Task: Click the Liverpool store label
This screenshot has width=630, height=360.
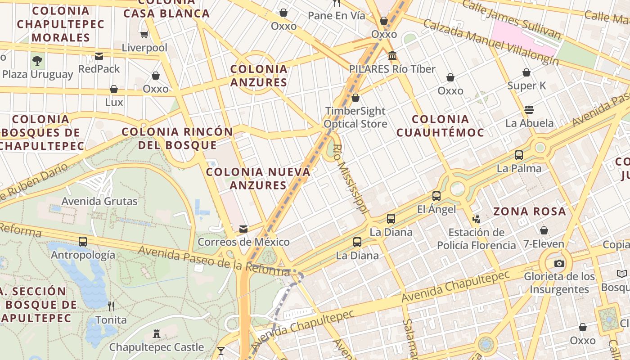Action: point(144,48)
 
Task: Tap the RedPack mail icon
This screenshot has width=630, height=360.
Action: point(99,56)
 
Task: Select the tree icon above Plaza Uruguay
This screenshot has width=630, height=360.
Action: point(37,60)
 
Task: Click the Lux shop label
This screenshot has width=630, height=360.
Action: point(114,102)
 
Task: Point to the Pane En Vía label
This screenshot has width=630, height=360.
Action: point(337,16)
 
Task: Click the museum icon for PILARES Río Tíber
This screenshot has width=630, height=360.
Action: point(392,56)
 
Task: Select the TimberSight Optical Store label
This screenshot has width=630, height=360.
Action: point(355,117)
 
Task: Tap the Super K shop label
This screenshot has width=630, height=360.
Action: point(526,85)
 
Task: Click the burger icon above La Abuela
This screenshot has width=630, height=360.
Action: point(529,110)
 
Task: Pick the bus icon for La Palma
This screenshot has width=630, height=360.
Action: point(519,155)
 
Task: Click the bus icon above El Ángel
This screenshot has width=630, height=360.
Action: point(436,196)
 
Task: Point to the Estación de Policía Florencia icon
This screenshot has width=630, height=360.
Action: point(476,219)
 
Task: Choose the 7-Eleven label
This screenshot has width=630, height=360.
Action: point(544,244)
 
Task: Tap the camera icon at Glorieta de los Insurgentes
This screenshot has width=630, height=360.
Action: point(559,263)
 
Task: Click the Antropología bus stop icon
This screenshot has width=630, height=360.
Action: point(83,242)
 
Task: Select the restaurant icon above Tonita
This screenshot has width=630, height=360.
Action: point(111,306)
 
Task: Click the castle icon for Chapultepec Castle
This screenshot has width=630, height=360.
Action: point(157,334)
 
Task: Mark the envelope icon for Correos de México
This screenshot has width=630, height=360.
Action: point(243,229)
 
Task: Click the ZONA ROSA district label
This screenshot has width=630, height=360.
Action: point(529,211)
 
